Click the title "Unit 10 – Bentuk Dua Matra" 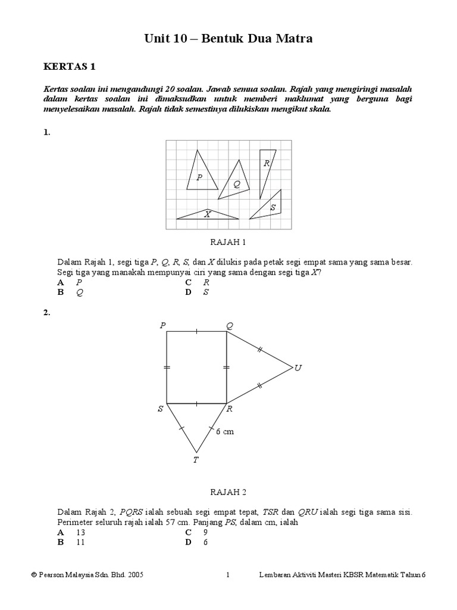228,39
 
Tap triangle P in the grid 201,174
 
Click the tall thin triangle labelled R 267,167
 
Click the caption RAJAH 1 228,242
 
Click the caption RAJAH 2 228,492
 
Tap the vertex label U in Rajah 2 298,368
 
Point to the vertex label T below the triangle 196,459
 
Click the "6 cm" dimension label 225,432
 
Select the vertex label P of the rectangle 162,325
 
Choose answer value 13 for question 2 82,532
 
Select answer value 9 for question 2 205,532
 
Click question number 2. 47,312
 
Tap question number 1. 47,133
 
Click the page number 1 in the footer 228,575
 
